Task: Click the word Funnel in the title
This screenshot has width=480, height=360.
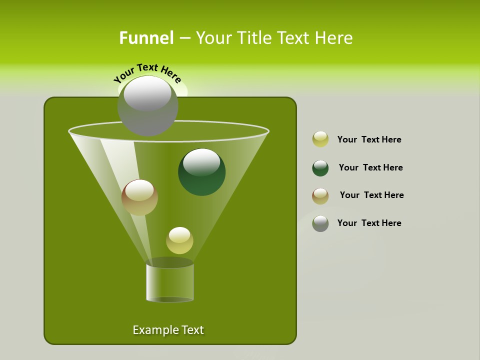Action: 146,38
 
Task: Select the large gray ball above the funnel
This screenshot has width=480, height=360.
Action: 147,106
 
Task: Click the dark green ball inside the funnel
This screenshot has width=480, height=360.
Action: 201,172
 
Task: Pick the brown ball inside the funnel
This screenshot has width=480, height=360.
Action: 139,198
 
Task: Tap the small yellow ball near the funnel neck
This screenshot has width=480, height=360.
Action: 179,240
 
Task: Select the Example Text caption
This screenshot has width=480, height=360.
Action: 168,330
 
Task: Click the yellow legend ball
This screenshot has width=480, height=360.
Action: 320,139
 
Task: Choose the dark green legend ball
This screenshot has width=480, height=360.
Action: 320,168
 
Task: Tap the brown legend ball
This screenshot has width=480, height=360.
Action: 320,196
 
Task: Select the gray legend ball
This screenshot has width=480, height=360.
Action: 320,223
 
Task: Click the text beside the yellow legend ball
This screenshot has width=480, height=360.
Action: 369,139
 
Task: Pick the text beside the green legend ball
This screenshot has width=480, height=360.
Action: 370,167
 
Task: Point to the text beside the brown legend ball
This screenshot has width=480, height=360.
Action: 371,195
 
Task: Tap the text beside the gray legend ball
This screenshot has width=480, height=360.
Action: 369,223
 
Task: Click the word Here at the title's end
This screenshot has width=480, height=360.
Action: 334,38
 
